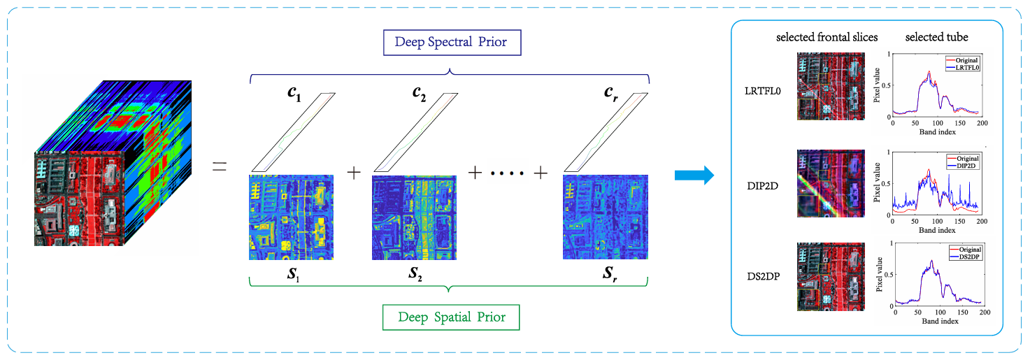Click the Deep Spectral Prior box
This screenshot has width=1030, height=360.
tap(452, 43)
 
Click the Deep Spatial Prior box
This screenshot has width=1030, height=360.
tap(451, 317)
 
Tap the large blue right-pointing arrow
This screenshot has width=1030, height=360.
tap(694, 175)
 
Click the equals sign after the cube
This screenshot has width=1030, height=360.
tap(220, 166)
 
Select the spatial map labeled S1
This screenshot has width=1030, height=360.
tap(291, 217)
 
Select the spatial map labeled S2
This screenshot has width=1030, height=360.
tap(414, 217)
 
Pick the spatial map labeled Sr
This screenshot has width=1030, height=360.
tap(606, 217)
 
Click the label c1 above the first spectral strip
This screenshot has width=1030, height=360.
tap(294, 94)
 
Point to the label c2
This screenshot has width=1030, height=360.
tap(419, 94)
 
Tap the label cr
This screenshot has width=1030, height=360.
tap(610, 94)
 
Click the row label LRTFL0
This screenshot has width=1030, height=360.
tap(762, 91)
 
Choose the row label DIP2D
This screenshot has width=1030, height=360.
tap(762, 186)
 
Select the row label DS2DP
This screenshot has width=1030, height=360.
tap(764, 276)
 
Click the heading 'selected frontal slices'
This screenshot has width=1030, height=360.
tap(827, 37)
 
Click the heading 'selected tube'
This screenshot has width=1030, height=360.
tap(937, 37)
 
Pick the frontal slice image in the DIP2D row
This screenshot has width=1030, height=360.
tap(831, 183)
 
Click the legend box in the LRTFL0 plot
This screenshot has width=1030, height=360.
tap(963, 64)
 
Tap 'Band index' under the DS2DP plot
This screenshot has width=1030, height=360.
tap(940, 321)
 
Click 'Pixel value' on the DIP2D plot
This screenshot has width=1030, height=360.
tap(876, 182)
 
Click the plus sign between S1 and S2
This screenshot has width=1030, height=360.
tap(354, 173)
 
